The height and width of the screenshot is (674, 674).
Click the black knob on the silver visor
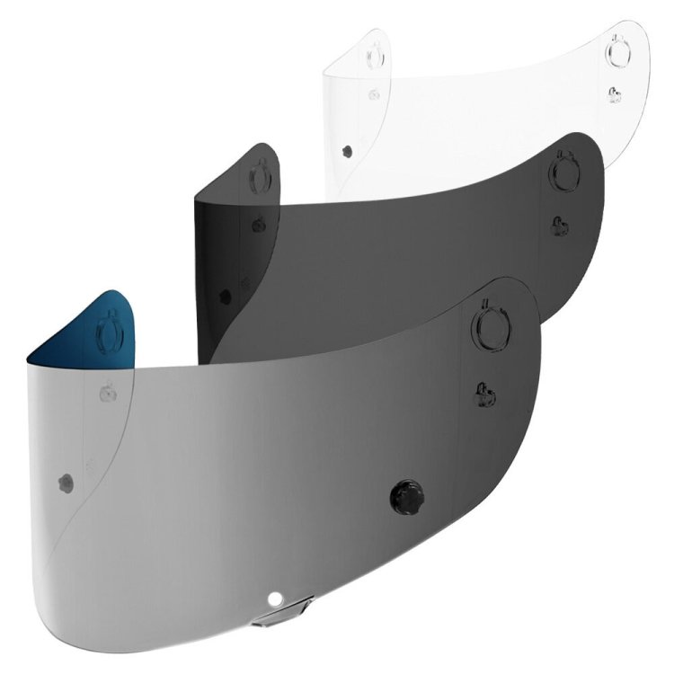click(405, 493)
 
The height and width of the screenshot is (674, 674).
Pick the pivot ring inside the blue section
click(110, 324)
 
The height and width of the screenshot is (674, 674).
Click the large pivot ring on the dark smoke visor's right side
click(564, 168)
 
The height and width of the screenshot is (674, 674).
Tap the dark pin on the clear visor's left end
click(346, 148)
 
